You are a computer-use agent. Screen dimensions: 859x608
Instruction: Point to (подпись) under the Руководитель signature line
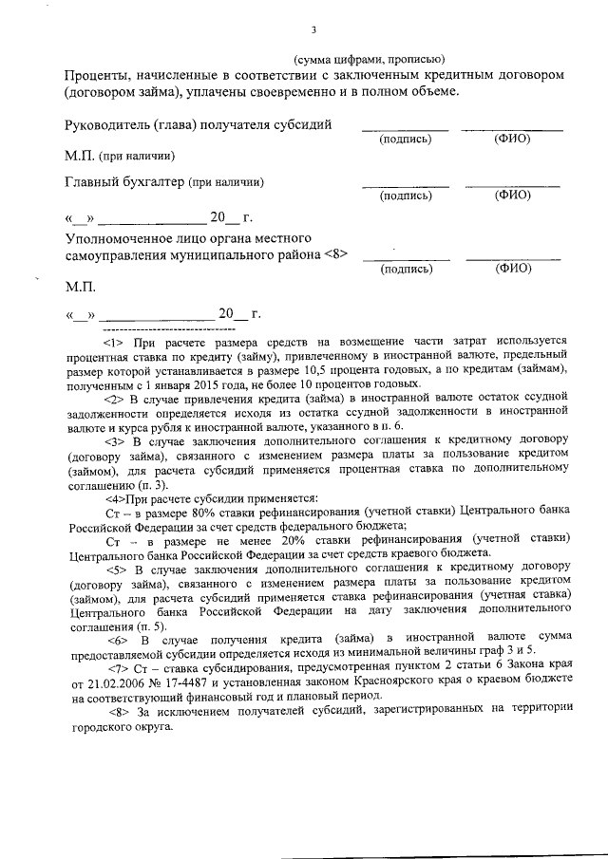(x=406, y=140)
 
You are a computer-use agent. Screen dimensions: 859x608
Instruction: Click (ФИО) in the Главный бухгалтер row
(x=513, y=196)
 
